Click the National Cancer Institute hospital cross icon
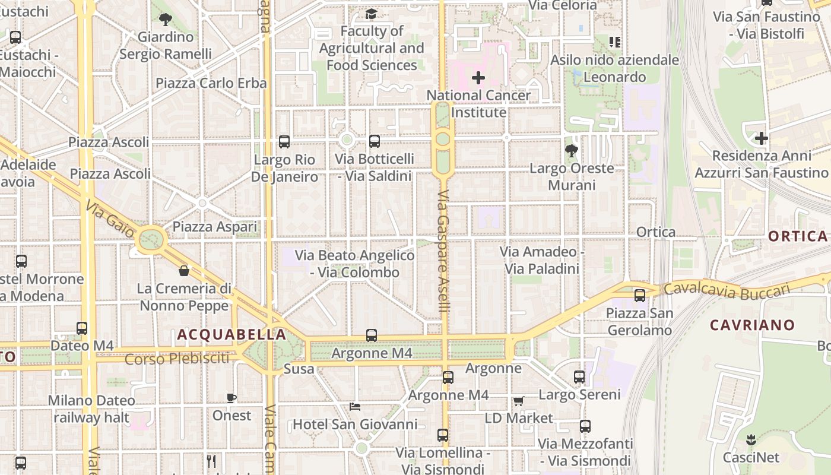tap(478, 78)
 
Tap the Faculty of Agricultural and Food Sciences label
tap(372, 48)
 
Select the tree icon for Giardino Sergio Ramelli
tap(166, 20)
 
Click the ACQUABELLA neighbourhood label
tap(232, 335)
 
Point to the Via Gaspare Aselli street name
tap(443, 252)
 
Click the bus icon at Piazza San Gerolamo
tap(640, 295)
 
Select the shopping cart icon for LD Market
tap(519, 401)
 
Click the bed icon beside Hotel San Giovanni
tap(355, 407)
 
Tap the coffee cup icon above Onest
tap(231, 398)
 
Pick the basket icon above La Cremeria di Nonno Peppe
tap(184, 271)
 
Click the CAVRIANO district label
tap(752, 325)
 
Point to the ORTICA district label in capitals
tap(798, 236)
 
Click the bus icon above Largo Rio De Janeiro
tap(284, 142)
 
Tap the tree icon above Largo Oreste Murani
tap(572, 150)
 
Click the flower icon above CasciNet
tap(751, 440)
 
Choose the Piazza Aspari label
tap(215, 227)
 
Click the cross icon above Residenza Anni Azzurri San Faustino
tap(761, 138)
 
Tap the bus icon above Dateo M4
tap(82, 328)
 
